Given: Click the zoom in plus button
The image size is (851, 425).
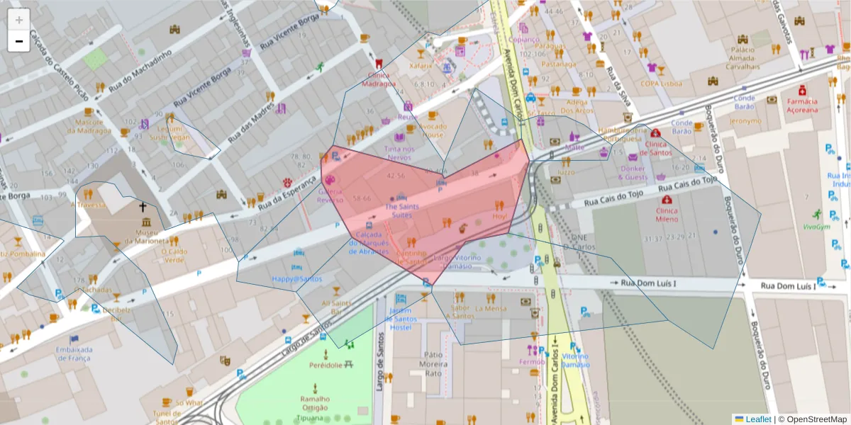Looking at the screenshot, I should tap(18, 19).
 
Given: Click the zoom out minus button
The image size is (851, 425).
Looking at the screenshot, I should tap(18, 41).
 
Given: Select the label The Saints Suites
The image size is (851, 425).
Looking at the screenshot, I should tap(398, 210).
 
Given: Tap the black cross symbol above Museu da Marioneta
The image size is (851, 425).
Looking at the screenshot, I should tap(143, 208).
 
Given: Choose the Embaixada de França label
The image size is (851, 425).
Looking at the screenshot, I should tap(74, 353).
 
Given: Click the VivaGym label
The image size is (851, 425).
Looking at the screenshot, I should tap(819, 227).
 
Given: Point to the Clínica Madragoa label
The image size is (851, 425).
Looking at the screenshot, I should tap(379, 79).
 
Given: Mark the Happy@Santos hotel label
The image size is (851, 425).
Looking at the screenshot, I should tap(296, 278).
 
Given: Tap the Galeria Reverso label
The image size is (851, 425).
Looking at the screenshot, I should tap(330, 195).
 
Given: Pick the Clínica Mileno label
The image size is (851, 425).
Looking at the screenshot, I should tap(667, 215).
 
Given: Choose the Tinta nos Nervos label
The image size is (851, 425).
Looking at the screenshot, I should tap(399, 153).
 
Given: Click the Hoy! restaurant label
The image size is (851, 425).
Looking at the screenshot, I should tap(499, 216).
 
